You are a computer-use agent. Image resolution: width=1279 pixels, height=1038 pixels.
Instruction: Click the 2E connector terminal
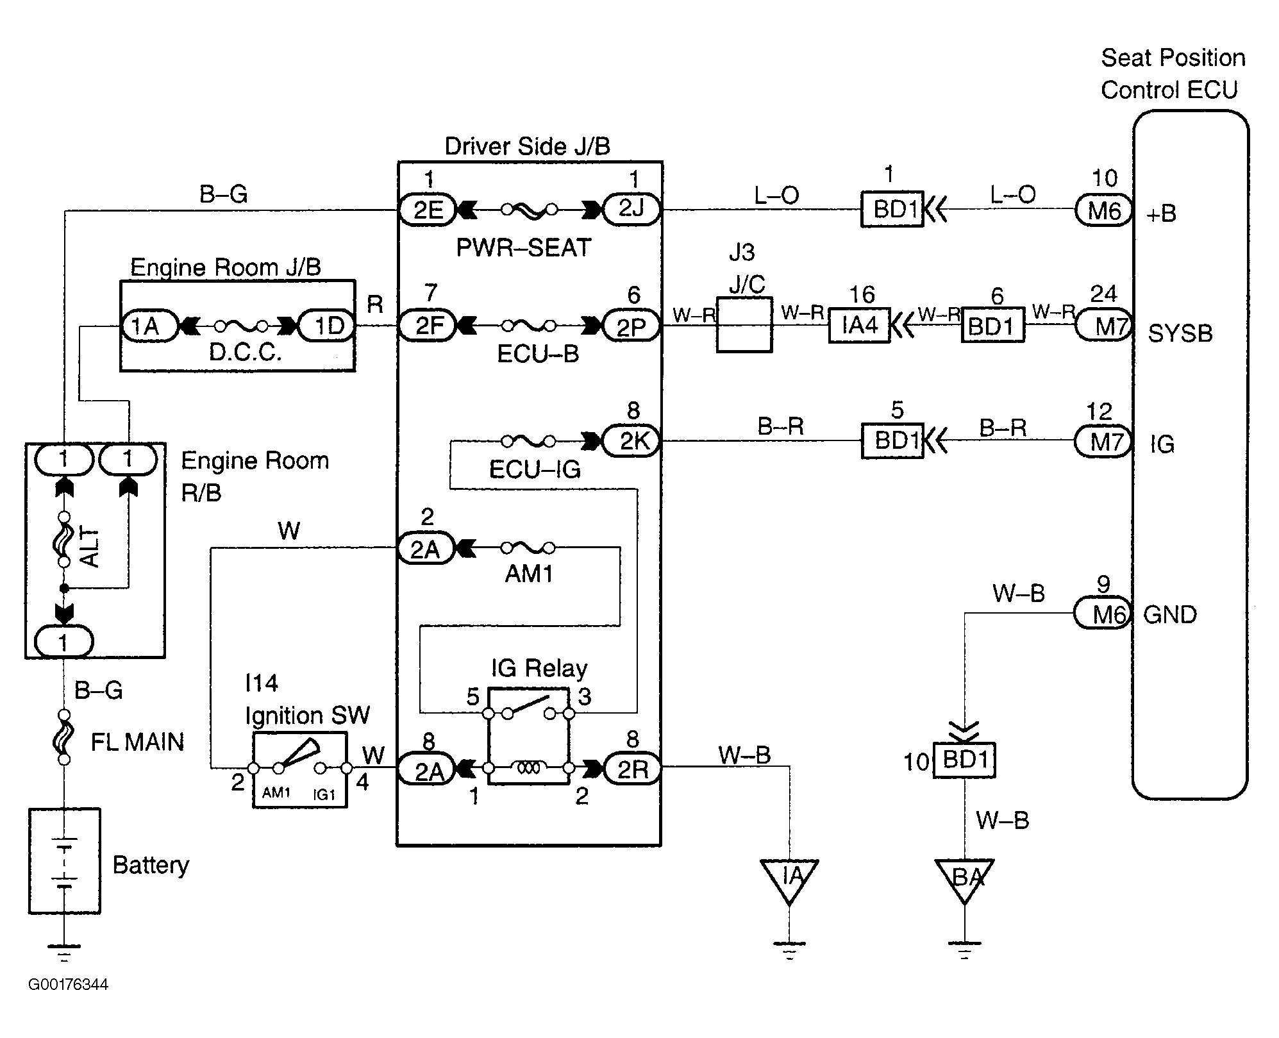click(x=427, y=210)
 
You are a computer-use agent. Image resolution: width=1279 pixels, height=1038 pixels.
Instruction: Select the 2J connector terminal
click(x=631, y=209)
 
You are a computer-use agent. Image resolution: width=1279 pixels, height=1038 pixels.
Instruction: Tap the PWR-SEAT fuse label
click(x=523, y=248)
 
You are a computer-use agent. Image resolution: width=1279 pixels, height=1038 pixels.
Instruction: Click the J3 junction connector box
click(x=744, y=324)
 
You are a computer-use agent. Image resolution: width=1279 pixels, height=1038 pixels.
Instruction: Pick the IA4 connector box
click(x=859, y=326)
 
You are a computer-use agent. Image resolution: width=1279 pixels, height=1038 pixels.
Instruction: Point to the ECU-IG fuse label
click(x=535, y=470)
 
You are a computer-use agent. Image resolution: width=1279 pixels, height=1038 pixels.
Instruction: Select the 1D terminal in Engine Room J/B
click(x=327, y=326)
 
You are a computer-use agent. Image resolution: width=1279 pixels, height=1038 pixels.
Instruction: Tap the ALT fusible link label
click(x=90, y=547)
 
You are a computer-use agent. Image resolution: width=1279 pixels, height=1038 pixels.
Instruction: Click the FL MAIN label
click(x=137, y=742)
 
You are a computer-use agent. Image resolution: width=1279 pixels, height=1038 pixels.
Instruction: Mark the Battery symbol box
click(x=64, y=860)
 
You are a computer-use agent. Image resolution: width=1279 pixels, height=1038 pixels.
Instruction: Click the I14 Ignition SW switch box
click(x=300, y=769)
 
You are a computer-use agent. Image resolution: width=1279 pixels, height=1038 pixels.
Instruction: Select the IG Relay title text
click(x=539, y=669)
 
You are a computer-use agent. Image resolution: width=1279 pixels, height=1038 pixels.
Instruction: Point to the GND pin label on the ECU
click(x=1170, y=615)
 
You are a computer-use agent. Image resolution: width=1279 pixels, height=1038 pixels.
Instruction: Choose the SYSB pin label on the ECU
click(x=1180, y=333)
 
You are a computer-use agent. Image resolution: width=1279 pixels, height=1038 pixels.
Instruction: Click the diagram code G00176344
click(x=68, y=984)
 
